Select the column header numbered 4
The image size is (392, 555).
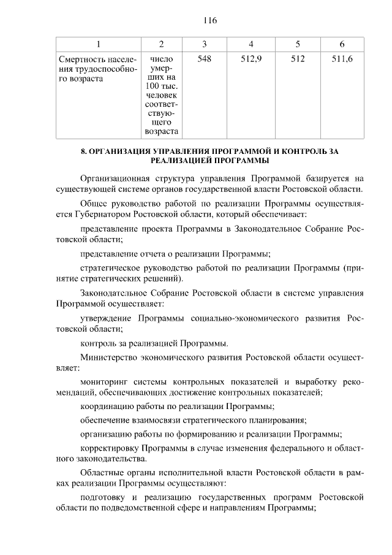[x=252, y=44]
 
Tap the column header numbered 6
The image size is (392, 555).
[x=342, y=44]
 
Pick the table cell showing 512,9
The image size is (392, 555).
[x=252, y=59]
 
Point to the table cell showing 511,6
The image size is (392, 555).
[x=342, y=59]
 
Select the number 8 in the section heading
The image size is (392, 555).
[x=83, y=151]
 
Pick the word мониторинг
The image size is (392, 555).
[x=105, y=383]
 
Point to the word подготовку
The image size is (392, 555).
[x=104, y=498]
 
